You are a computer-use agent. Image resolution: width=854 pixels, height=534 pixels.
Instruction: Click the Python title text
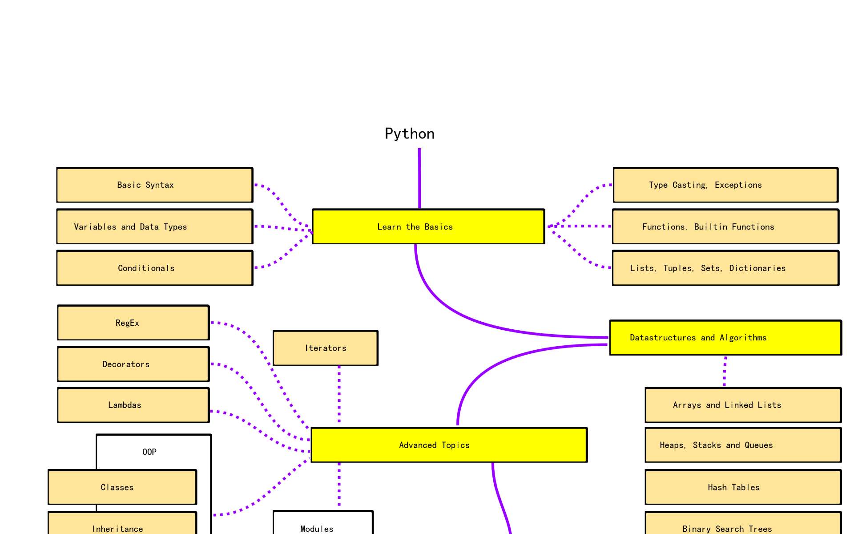pos(409,133)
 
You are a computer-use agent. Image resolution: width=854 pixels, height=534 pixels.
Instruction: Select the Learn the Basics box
pos(428,227)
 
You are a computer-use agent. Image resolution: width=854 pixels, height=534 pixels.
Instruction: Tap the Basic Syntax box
pos(155,185)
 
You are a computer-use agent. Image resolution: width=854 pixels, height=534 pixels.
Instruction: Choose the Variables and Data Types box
pos(155,227)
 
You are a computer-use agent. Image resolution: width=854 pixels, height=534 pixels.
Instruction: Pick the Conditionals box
pos(155,268)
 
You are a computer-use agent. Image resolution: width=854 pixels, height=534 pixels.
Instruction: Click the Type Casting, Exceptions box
pos(725,185)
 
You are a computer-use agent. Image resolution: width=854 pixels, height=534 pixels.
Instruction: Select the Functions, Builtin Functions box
pos(725,227)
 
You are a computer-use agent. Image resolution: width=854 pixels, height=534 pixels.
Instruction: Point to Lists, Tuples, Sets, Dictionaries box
pos(725,268)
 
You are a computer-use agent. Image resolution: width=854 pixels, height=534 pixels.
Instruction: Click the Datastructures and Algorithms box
pos(725,338)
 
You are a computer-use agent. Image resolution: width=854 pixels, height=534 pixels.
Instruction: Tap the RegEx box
pos(133,323)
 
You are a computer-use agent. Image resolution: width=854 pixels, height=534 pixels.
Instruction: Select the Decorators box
pos(133,364)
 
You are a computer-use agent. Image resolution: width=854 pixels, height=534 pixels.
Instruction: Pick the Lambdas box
pos(133,405)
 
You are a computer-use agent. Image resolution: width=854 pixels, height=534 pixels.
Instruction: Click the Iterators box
pos(325,348)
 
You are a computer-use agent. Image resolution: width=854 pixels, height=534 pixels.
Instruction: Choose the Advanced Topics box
pos(449,445)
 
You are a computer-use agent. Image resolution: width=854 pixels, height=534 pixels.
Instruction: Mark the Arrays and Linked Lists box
pos(743,405)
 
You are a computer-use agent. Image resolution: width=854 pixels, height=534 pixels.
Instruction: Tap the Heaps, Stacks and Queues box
pos(743,445)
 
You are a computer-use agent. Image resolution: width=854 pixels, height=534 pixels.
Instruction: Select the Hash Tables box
pos(743,487)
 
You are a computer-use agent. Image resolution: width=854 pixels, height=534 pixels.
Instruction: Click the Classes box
pos(122,487)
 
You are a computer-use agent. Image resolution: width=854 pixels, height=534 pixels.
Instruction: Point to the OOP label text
pos(149,452)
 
